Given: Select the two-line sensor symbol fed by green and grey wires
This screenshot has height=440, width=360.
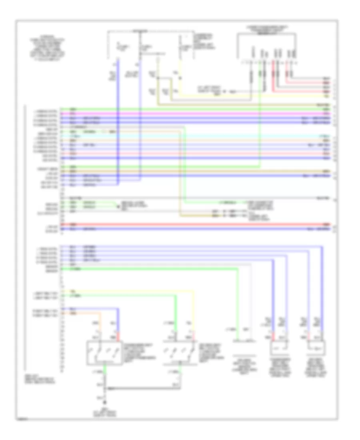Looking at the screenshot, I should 245,341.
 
